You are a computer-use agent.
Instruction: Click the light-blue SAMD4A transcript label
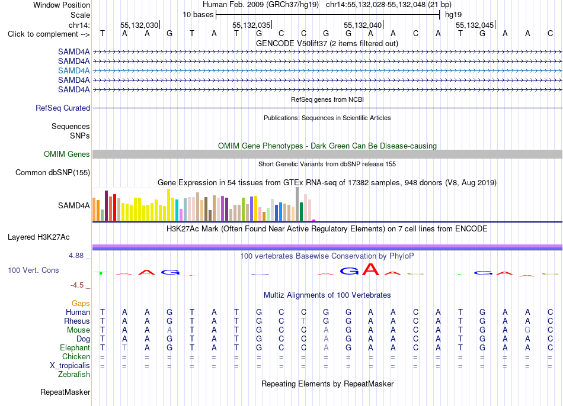pos(73,70)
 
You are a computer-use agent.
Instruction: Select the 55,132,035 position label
pos(251,25)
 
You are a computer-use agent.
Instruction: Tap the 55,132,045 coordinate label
pos(475,25)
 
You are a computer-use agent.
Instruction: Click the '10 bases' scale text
pos(198,15)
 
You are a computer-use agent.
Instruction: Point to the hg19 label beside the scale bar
pos(453,15)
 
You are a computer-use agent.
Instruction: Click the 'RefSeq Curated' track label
pos(63,108)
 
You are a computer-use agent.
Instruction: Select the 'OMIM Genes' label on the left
pos(67,154)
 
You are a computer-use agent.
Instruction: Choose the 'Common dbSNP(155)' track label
pos(53,172)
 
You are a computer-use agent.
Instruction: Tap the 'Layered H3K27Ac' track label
pos(39,237)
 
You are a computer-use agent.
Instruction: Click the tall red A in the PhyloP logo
pos(370,269)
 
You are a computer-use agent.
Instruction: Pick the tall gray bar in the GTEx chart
pos(297,204)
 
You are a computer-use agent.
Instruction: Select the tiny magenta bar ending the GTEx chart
pos(314,220)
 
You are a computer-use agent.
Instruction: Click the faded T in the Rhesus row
pos(304,321)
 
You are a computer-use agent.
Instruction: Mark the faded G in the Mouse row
pos(527,330)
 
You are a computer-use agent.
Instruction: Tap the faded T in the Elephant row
pos(124,347)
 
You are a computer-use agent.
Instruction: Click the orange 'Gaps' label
pos(81,304)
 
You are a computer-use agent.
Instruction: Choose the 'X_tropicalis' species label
pos(70,366)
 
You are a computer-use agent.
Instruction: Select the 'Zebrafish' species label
pos(74,375)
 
